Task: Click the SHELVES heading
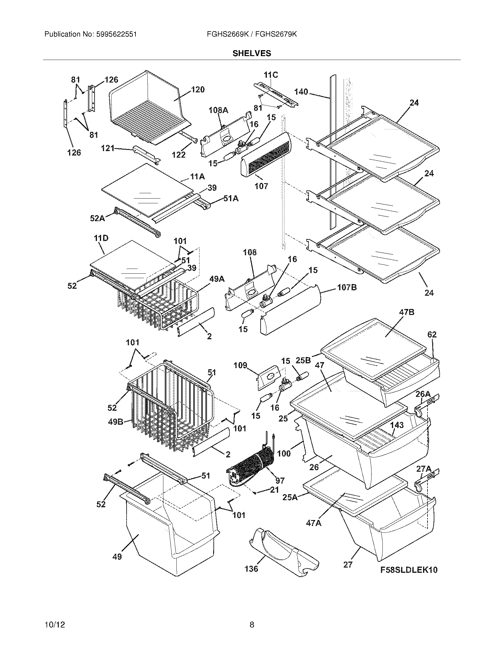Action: (x=252, y=53)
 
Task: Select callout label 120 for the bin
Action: (x=198, y=89)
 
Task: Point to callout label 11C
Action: (x=271, y=75)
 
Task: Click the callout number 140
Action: (x=301, y=92)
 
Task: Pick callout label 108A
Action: (x=218, y=110)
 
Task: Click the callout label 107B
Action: (x=347, y=288)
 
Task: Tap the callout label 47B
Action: (x=406, y=312)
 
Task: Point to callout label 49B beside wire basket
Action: (x=115, y=422)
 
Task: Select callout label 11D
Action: (x=101, y=238)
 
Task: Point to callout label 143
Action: (x=397, y=425)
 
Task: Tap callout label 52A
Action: (x=97, y=218)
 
